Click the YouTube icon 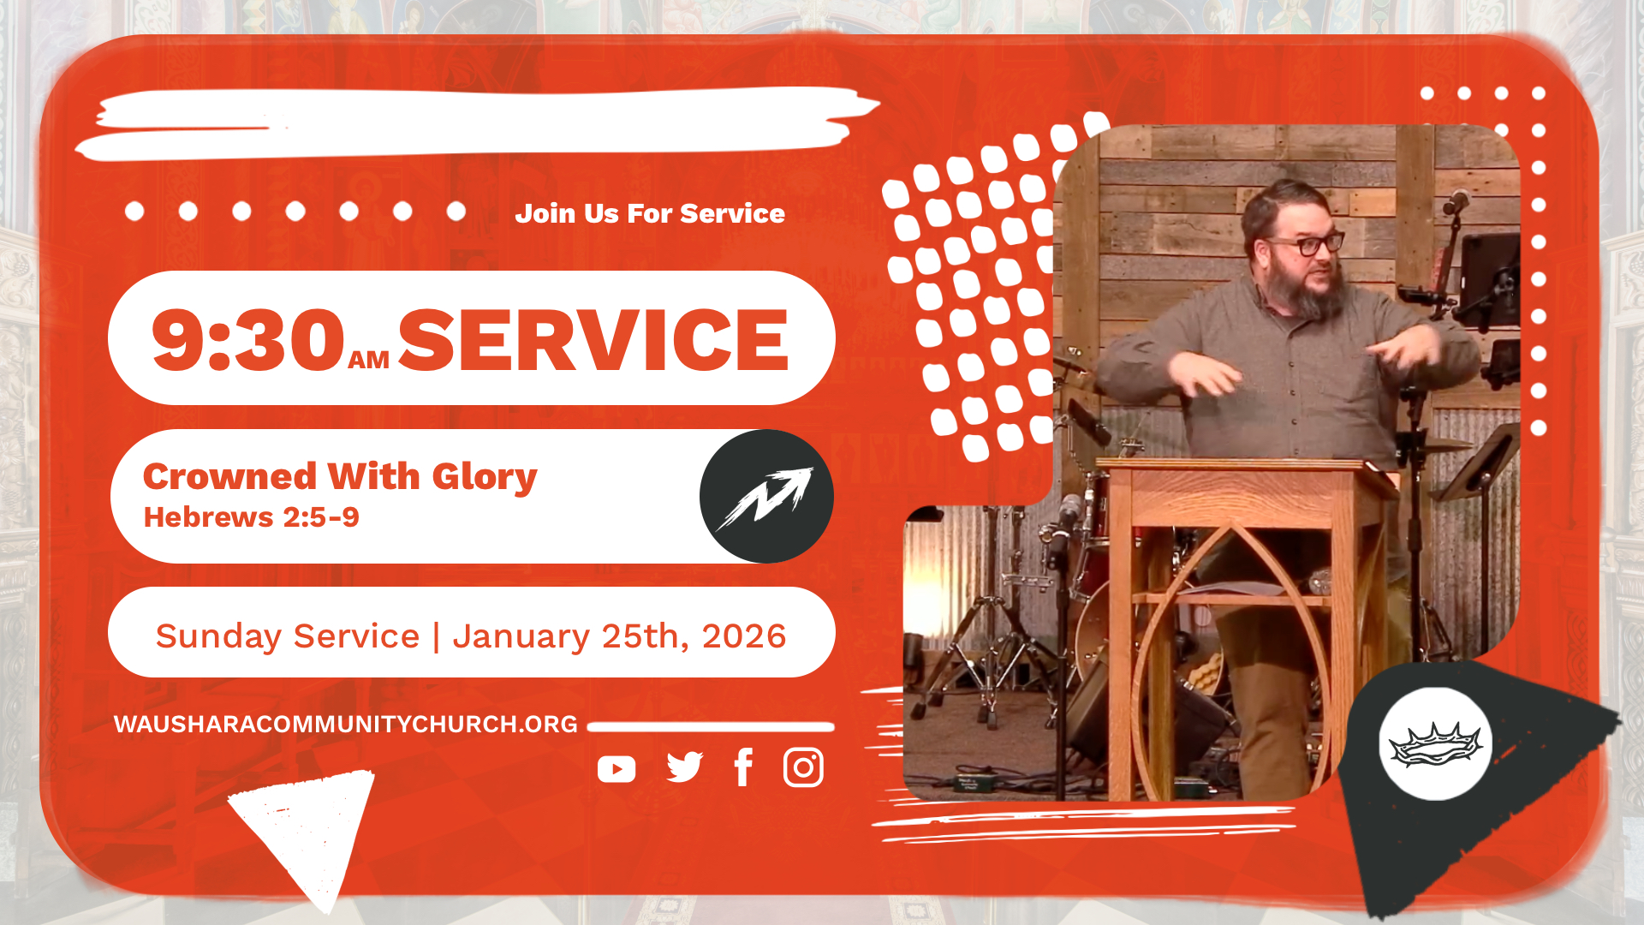click(x=616, y=769)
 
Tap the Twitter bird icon click(x=684, y=767)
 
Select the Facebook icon click(x=743, y=767)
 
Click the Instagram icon click(x=803, y=767)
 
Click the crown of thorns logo click(x=1436, y=743)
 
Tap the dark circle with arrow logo click(x=766, y=497)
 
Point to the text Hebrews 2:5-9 click(x=251, y=517)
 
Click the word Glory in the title click(x=485, y=477)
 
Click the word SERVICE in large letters click(x=593, y=340)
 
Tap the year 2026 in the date click(x=743, y=636)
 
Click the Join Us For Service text click(x=650, y=213)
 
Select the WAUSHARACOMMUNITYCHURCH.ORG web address click(x=346, y=725)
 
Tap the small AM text click(x=369, y=361)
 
